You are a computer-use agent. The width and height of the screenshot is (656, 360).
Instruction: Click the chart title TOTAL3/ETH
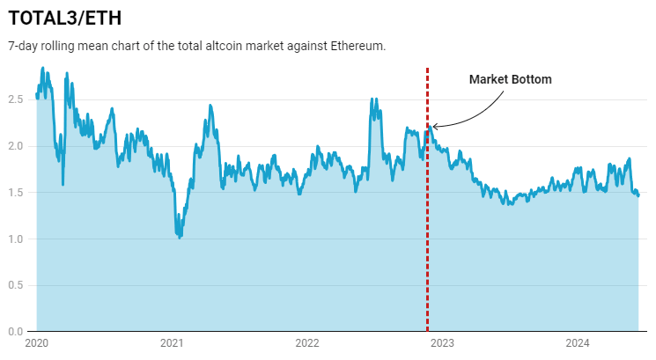pos(65,18)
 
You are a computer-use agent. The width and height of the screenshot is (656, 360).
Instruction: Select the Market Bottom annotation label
pos(510,79)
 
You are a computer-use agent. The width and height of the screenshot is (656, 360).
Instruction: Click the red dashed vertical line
pos(428,229)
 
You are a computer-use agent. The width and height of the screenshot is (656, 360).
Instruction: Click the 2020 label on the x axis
pos(37,343)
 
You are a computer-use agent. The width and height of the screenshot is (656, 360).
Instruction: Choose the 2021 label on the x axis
pos(172,343)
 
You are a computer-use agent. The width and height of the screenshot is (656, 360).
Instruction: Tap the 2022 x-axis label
pos(306,343)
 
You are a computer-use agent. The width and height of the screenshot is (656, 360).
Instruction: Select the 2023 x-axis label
pos(442,343)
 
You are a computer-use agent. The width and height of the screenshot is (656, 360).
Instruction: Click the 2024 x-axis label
pos(577,343)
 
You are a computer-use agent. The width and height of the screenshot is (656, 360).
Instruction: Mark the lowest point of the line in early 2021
pos(180,237)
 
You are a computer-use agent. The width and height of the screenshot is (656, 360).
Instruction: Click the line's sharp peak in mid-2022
pos(373,99)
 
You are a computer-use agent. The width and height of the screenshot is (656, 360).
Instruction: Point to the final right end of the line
pos(638,195)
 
